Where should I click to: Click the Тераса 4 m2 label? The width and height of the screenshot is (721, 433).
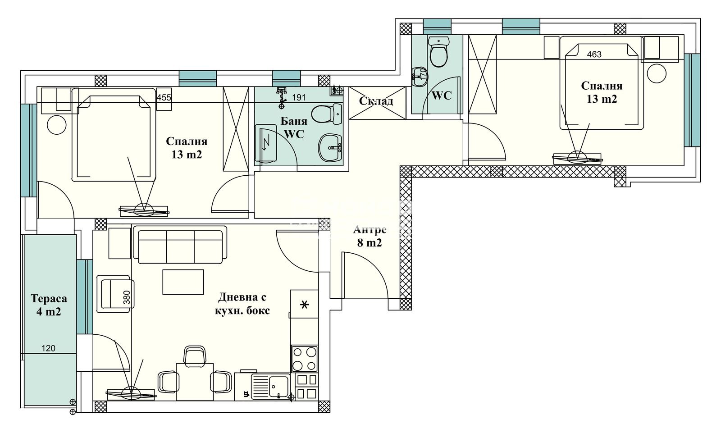(49, 305)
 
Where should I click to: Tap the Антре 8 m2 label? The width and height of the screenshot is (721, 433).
(370, 237)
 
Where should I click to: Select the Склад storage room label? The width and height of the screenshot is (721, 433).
(376, 101)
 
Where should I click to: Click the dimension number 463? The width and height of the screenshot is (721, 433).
(594, 55)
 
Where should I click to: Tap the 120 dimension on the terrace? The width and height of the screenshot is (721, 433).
(48, 348)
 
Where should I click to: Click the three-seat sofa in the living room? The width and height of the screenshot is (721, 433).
(180, 246)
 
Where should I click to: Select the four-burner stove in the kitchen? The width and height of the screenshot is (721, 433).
(304, 358)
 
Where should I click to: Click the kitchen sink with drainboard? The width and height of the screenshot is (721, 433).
(270, 387)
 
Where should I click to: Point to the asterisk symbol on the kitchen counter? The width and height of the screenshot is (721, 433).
(305, 305)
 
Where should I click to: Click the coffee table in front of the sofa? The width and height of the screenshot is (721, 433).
(183, 282)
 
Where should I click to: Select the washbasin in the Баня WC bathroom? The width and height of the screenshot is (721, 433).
(330, 147)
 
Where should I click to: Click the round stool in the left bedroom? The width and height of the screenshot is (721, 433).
(57, 125)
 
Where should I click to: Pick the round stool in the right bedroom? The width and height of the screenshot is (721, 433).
(657, 73)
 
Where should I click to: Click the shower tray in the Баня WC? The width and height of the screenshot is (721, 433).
(266, 143)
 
